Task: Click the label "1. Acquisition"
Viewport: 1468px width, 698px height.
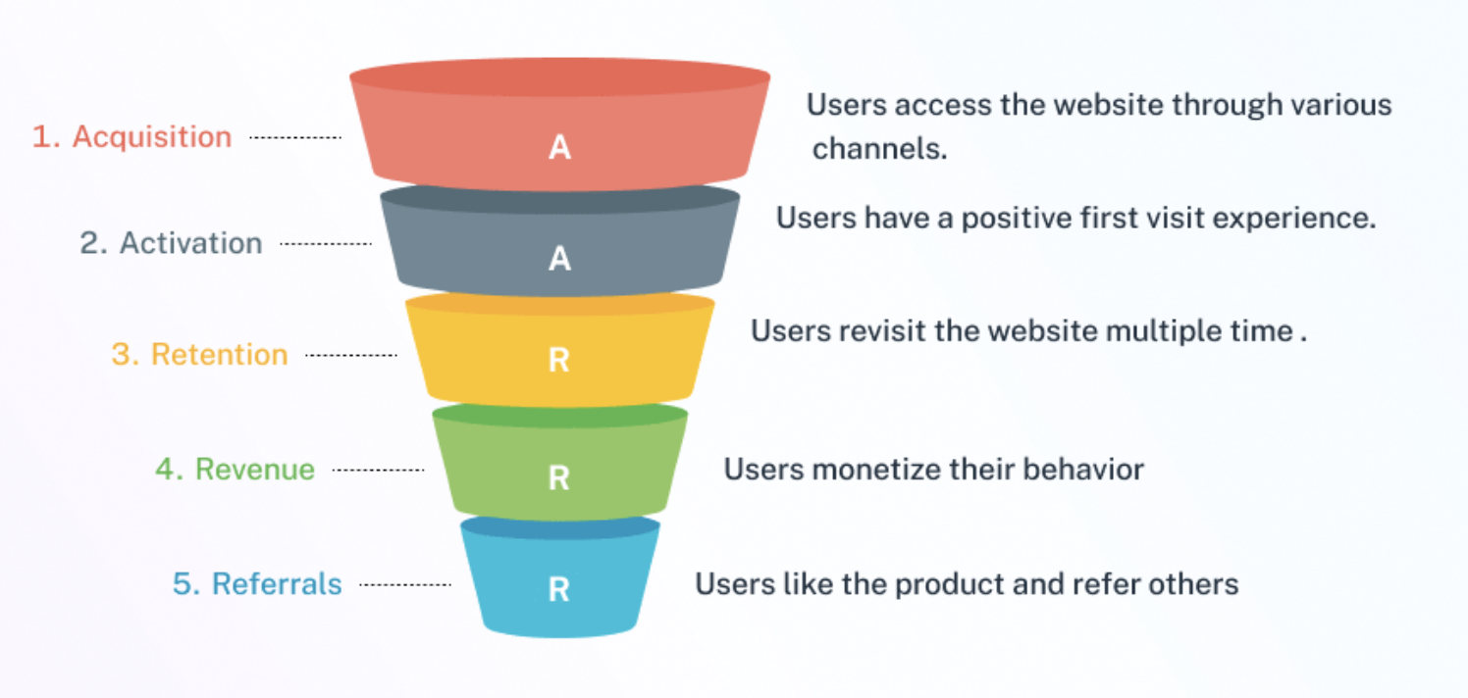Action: click(131, 137)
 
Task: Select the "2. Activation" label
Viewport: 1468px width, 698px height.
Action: click(171, 243)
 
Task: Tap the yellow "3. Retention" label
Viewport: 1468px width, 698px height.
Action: click(199, 354)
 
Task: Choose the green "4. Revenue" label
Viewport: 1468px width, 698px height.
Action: click(235, 470)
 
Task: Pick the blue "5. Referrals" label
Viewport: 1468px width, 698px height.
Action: click(257, 584)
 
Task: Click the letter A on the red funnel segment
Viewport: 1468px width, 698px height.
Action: click(559, 148)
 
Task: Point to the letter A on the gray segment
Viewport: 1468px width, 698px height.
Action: click(559, 259)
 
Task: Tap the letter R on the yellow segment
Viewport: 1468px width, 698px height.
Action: click(558, 361)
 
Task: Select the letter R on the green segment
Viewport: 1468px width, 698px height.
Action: click(558, 477)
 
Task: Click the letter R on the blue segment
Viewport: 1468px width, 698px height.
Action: click(558, 590)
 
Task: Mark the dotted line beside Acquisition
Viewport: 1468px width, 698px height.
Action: click(295, 138)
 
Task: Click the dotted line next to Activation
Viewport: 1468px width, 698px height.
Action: click(326, 244)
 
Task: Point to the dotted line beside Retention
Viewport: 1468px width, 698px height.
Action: click(351, 355)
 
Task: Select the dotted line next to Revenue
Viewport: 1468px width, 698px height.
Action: click(378, 471)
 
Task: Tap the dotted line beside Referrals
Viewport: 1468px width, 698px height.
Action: click(404, 585)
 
